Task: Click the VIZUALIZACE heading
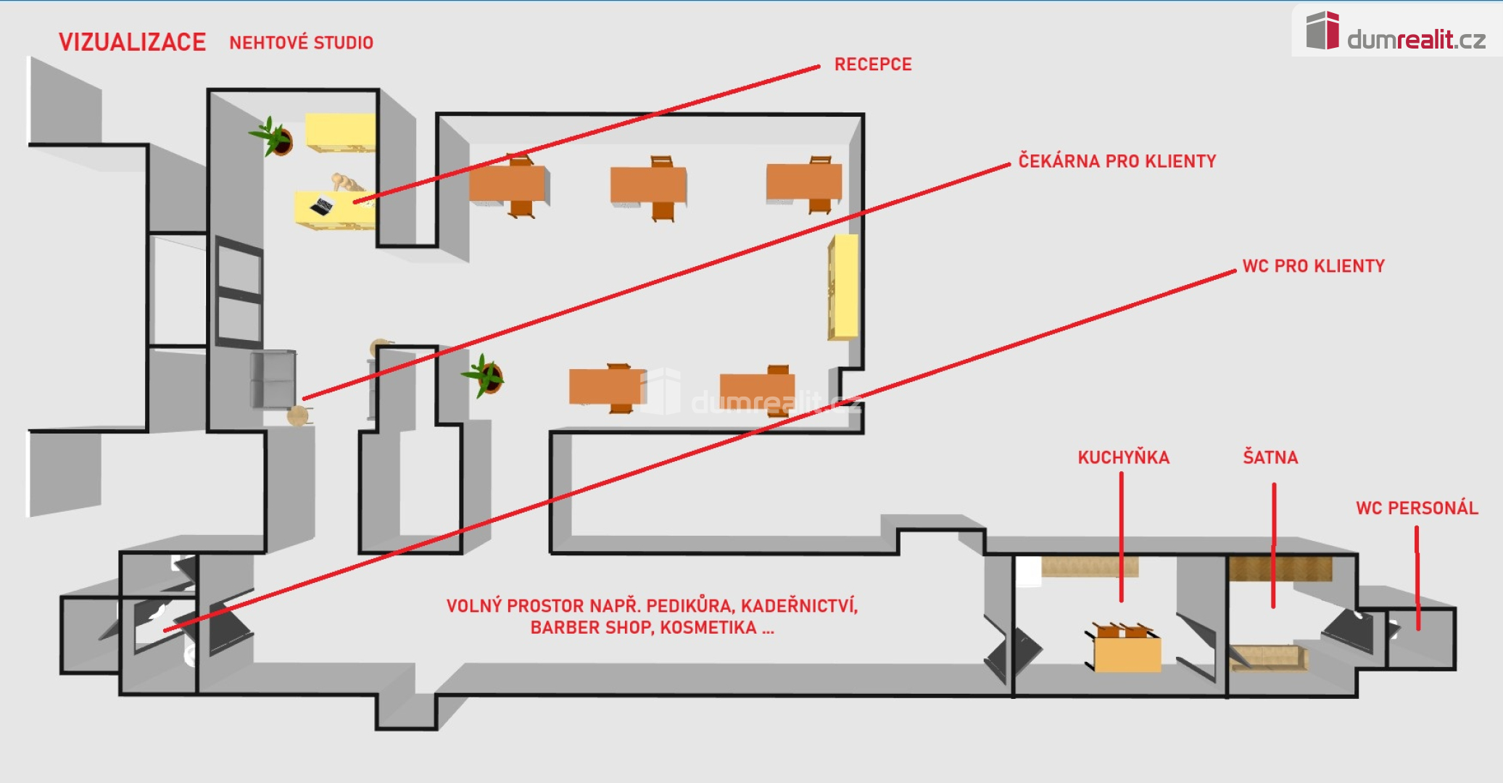pyautogui.click(x=132, y=42)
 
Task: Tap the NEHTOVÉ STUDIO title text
pyautogui.click(x=301, y=43)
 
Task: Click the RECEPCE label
pyautogui.click(x=873, y=65)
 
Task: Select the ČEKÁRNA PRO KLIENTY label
pyautogui.click(x=1117, y=161)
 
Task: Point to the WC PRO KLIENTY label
pyautogui.click(x=1313, y=266)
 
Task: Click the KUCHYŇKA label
pyautogui.click(x=1123, y=457)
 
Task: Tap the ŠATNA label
pyautogui.click(x=1270, y=457)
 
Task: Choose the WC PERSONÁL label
pyautogui.click(x=1417, y=508)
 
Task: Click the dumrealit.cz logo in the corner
pyautogui.click(x=1396, y=33)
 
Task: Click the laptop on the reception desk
pyautogui.click(x=322, y=205)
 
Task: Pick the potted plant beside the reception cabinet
pyautogui.click(x=274, y=137)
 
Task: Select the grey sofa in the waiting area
pyautogui.click(x=273, y=379)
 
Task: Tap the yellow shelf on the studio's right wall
pyautogui.click(x=843, y=286)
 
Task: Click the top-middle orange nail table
pyautogui.click(x=648, y=186)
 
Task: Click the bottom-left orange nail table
pyautogui.click(x=605, y=386)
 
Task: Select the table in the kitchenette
pyautogui.click(x=1127, y=653)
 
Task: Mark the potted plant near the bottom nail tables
pyautogui.click(x=486, y=376)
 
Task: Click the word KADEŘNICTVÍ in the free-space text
pyautogui.click(x=799, y=606)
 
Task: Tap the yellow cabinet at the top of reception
pyautogui.click(x=340, y=133)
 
